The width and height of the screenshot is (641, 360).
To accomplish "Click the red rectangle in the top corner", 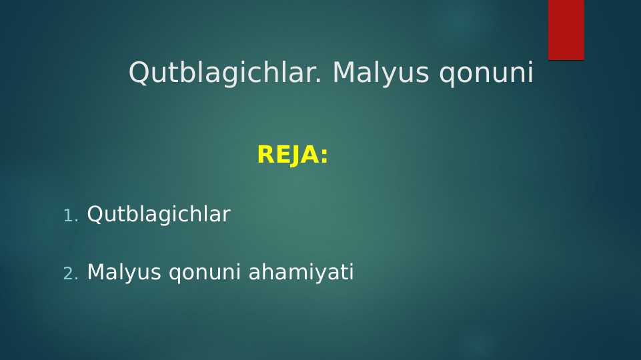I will pos(566,30).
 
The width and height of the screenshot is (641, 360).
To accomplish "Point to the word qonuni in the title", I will pos(486,73).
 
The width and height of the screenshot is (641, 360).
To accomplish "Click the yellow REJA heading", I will pos(292,155).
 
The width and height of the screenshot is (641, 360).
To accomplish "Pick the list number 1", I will pos(70,215).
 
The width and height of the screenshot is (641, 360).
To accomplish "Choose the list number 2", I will pos(70,273).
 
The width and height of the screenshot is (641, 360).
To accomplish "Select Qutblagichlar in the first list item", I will pos(159,215).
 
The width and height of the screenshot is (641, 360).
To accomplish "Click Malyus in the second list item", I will pos(124,273).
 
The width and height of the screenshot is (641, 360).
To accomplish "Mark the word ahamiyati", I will pos(301,273).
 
